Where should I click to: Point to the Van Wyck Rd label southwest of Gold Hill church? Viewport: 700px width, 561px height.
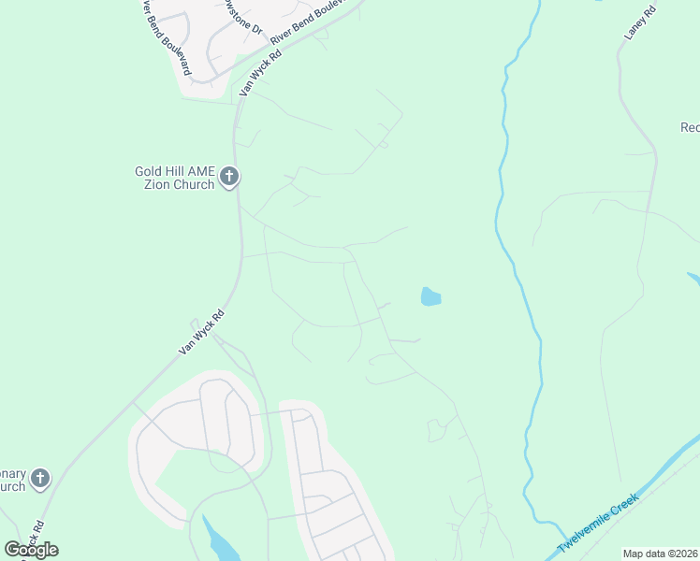202,332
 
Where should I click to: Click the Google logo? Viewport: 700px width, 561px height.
31,549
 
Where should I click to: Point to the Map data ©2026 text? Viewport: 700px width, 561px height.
661,554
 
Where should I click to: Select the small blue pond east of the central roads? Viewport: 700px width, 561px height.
430,297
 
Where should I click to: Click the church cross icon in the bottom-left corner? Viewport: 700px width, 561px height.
39,479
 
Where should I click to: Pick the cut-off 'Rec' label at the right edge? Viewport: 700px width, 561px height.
690,127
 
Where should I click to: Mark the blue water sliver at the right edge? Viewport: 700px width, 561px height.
693,280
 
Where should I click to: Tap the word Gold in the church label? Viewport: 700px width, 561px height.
150,171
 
